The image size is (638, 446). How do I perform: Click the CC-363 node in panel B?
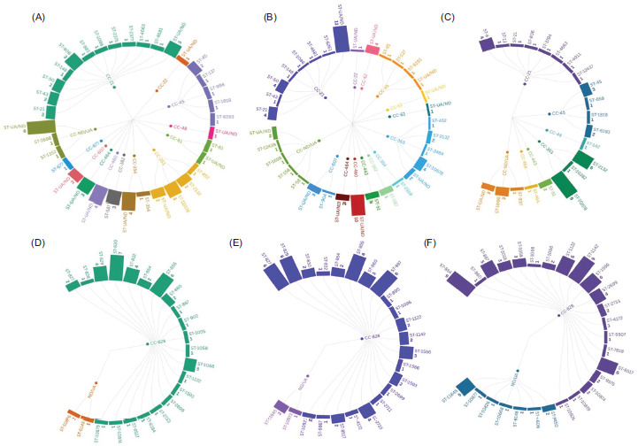(388, 137)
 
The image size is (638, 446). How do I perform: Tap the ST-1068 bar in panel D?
(190, 364)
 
